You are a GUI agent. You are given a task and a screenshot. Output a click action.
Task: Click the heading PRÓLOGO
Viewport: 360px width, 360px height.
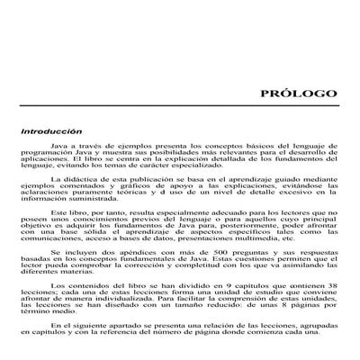click(298, 94)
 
